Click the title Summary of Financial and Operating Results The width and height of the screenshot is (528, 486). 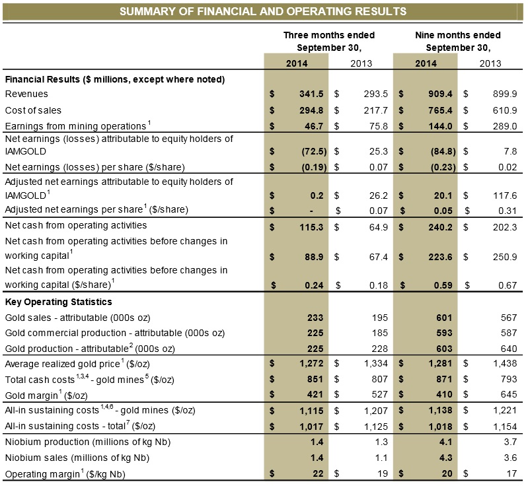pyautogui.click(x=263, y=11)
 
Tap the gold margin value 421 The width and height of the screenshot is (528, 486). pyautogui.click(x=317, y=394)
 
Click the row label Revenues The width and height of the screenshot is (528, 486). pyautogui.click(x=26, y=94)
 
